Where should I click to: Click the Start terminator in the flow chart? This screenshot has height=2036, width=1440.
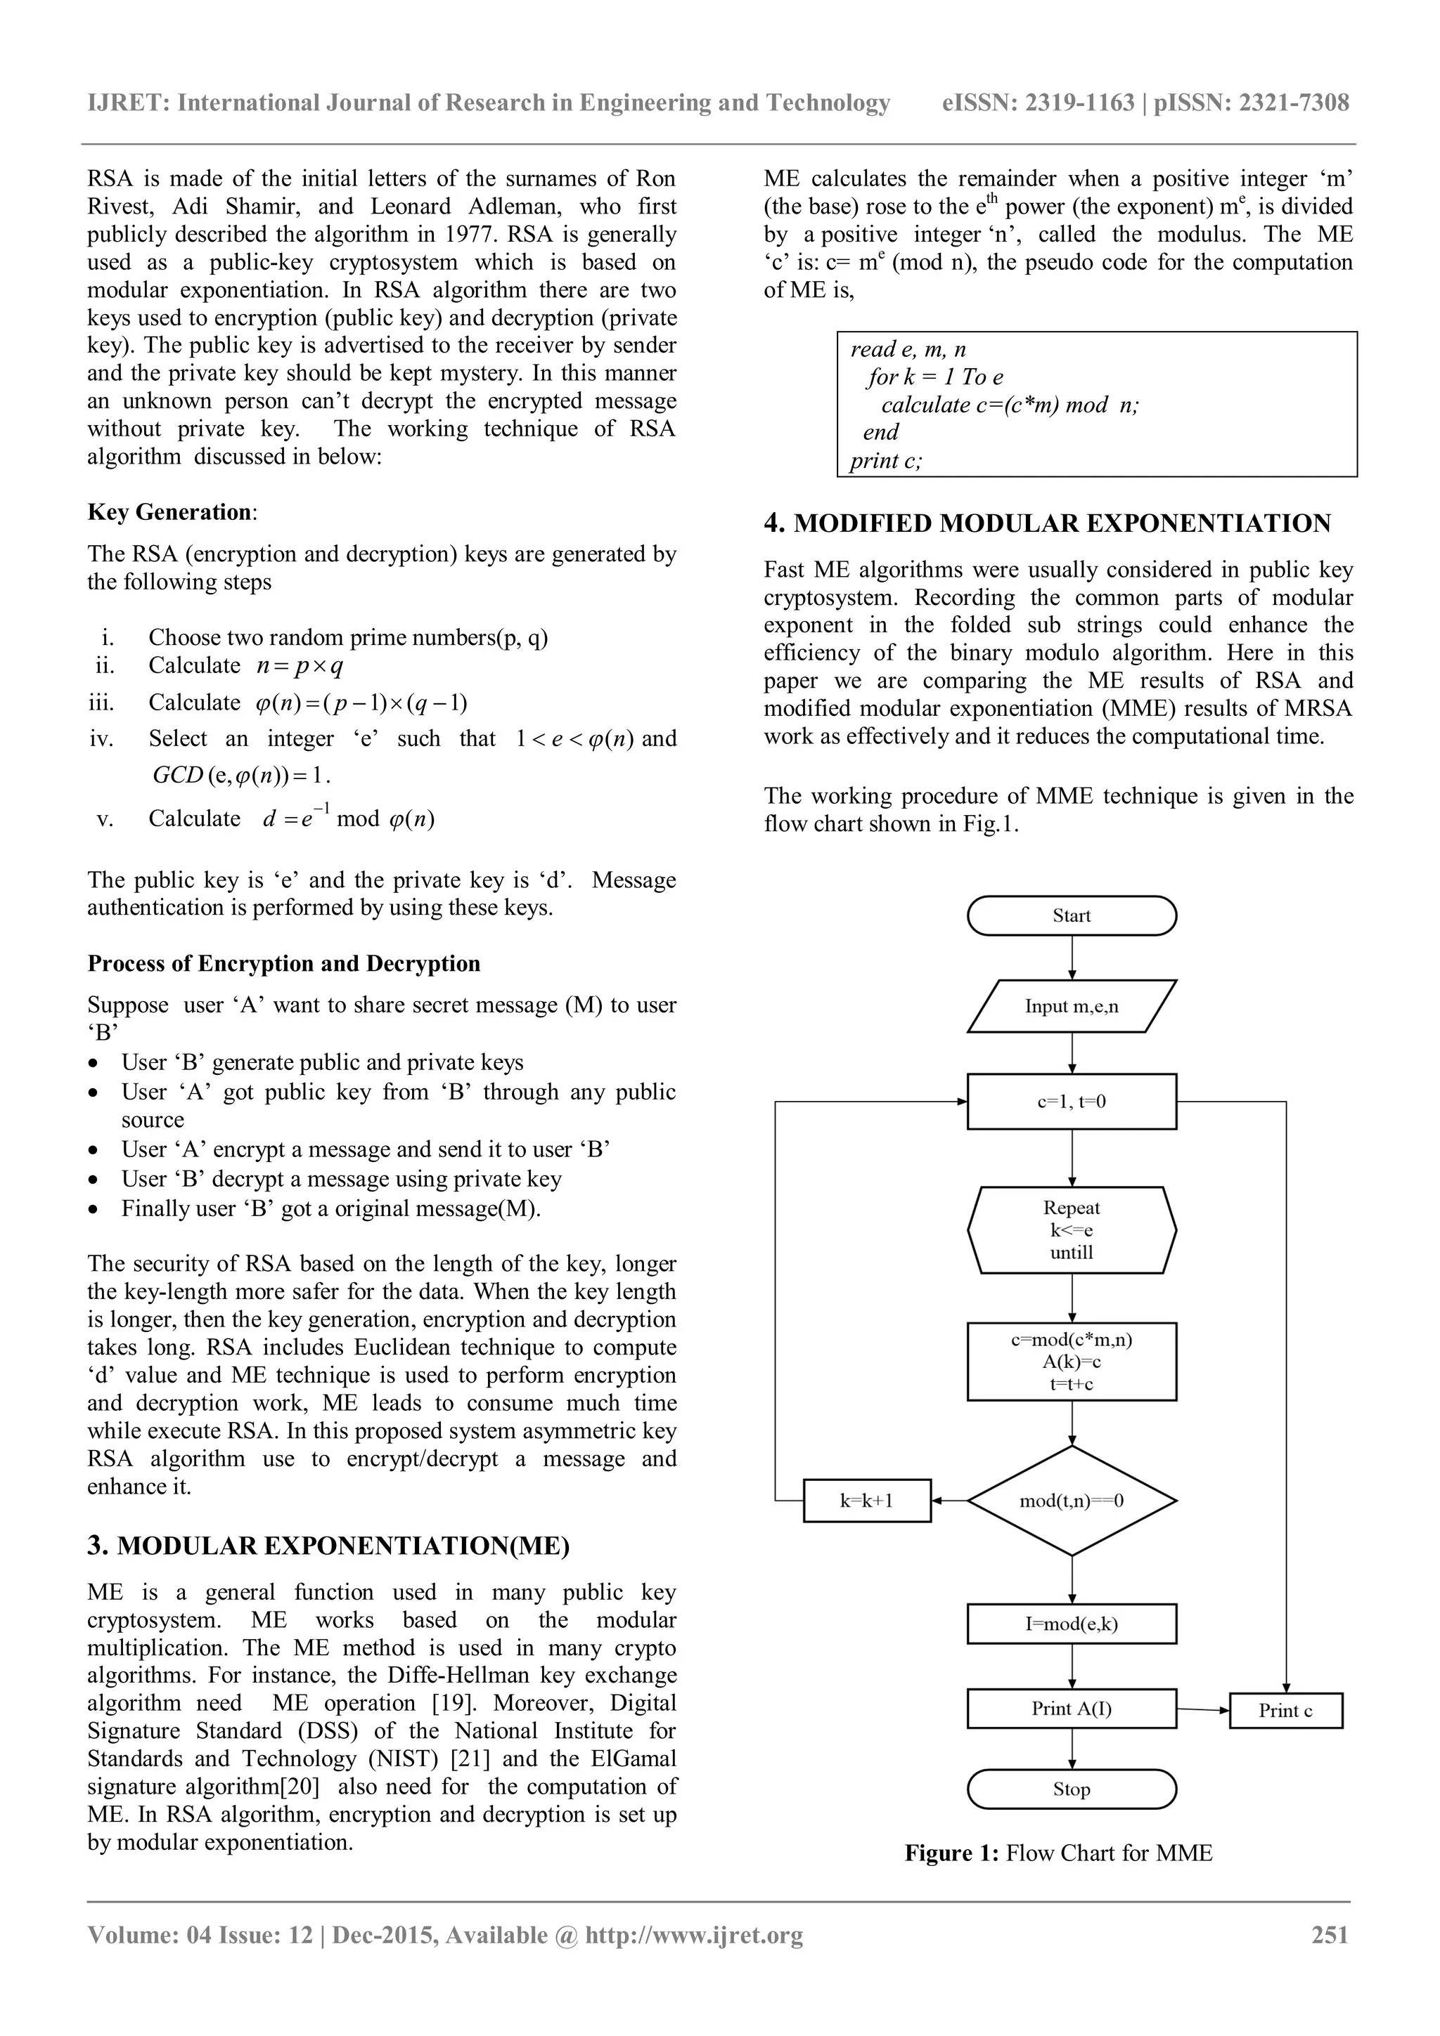(x=1071, y=915)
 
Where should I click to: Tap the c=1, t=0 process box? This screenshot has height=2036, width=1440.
(x=1071, y=1102)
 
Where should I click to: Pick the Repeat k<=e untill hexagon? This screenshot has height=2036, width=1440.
(x=1071, y=1230)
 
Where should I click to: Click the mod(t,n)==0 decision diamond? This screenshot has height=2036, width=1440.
(x=1071, y=1501)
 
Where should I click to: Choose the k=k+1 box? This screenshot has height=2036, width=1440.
(x=867, y=1501)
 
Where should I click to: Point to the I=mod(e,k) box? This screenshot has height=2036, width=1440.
(x=1071, y=1624)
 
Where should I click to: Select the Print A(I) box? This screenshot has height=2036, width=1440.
(x=1071, y=1709)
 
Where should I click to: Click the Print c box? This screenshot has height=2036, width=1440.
(x=1285, y=1711)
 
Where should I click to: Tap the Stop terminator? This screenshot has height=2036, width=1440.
(x=1071, y=1789)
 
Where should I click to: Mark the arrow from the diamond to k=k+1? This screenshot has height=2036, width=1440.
(x=949, y=1501)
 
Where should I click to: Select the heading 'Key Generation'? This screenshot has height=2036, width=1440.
(x=169, y=513)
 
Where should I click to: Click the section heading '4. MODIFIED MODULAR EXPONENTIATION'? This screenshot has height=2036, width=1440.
(x=1047, y=523)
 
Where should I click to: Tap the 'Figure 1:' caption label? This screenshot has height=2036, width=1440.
(x=952, y=1853)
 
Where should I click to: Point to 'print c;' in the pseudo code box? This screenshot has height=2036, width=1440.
(x=885, y=460)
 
